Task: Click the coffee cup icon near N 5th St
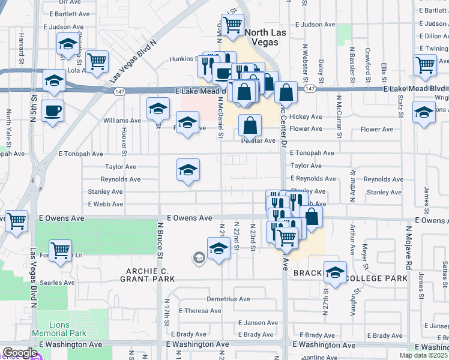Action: pyautogui.click(x=52, y=110)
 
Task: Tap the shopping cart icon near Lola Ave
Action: pyautogui.click(x=96, y=61)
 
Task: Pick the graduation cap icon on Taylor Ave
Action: pyautogui.click(x=188, y=170)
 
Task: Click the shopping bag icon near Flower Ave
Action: pyautogui.click(x=250, y=126)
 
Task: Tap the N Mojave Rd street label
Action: pyautogui.click(x=409, y=245)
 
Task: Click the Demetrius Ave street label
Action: pyautogui.click(x=228, y=299)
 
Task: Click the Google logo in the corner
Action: pyautogui.click(x=20, y=353)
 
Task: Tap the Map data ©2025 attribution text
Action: pyautogui.click(x=424, y=355)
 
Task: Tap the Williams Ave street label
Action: pyautogui.click(x=122, y=121)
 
